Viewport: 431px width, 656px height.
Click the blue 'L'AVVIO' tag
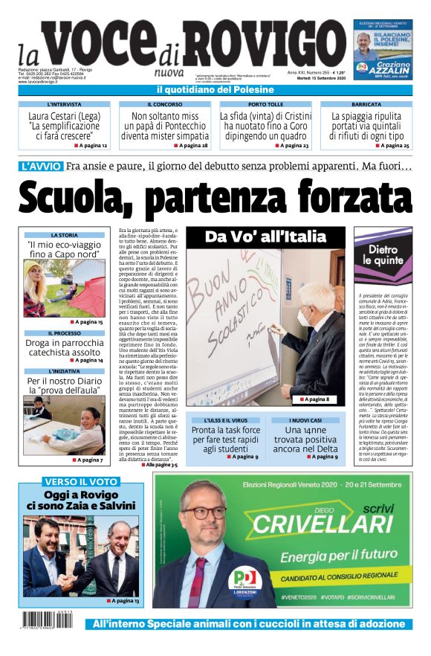[x=42, y=167]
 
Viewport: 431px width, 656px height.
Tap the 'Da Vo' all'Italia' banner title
[x=265, y=237]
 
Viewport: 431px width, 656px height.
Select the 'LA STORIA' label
[x=65, y=235]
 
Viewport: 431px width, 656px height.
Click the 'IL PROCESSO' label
[x=65, y=333]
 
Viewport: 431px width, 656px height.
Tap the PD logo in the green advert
[x=244, y=578]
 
